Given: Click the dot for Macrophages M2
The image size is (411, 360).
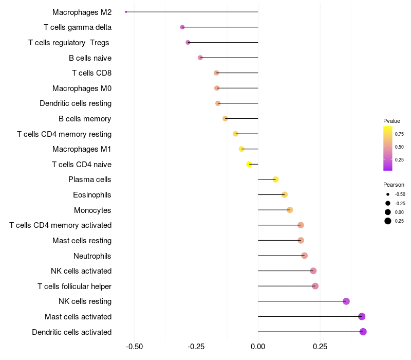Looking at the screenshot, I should pos(126,12).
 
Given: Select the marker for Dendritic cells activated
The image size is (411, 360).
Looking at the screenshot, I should pos(363,332).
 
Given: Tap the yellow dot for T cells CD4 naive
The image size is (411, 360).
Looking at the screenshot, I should pos(249,165).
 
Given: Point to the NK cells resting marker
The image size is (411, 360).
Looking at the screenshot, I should pos(346,301).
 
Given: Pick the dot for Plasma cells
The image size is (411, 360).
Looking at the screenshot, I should pos(276,179).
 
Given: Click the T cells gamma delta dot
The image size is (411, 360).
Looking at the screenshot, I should pos(182,27).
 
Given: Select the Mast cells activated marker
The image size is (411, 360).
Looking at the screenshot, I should pos(362,317).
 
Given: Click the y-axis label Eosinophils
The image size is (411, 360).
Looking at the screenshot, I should pos(92,195).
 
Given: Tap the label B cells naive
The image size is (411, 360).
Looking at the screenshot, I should pos(90,58).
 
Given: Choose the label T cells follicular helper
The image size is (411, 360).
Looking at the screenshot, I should pos(74,286).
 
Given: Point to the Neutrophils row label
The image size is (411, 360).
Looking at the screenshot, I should pos(92,256).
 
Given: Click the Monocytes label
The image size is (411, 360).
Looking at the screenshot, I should pos(92,210).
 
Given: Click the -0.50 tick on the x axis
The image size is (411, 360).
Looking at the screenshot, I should pos(134,347).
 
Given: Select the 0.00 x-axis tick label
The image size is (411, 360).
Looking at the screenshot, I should pos(258,347).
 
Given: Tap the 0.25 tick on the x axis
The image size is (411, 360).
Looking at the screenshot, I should pos(320,347).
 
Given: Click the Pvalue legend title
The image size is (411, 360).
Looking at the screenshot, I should pos(391,121).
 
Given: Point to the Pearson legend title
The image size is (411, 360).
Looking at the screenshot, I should pos(394,185).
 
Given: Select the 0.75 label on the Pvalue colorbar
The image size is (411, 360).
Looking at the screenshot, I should pos(399,134).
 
